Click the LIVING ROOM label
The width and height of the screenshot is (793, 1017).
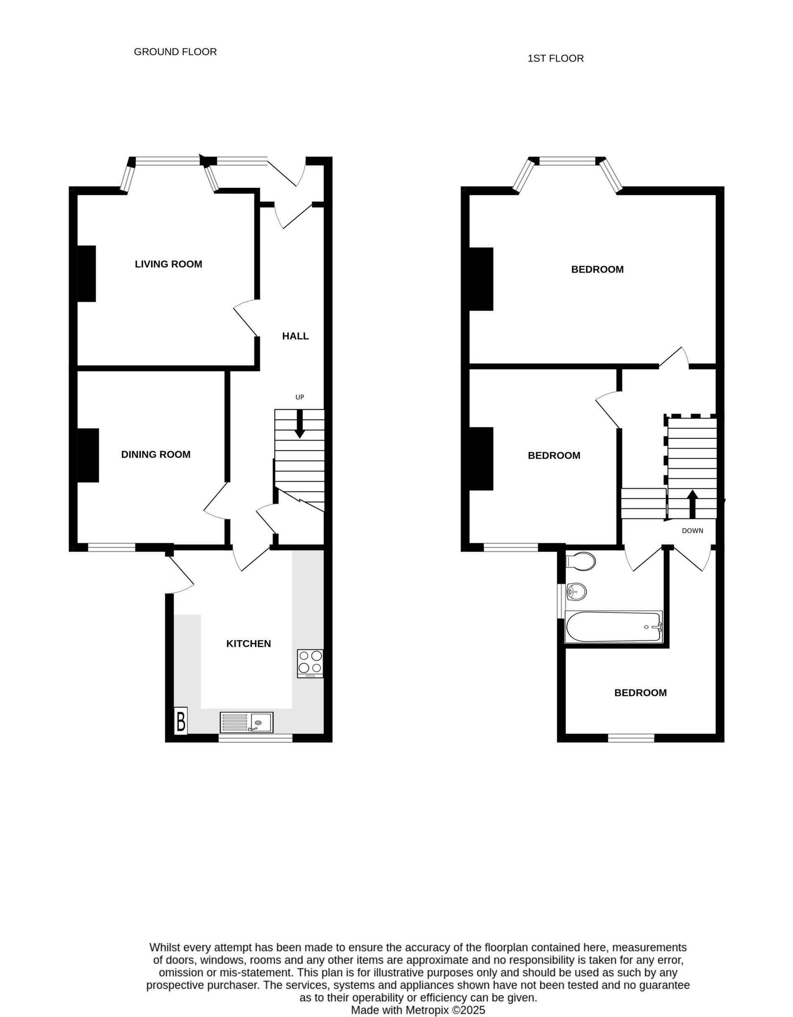click(168, 264)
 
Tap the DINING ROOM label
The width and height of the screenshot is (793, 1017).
click(156, 454)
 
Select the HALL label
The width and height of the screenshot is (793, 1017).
click(295, 336)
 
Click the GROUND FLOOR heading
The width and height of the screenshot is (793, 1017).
click(175, 52)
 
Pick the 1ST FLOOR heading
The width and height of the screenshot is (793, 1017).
click(556, 58)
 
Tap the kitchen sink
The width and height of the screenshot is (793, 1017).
click(247, 722)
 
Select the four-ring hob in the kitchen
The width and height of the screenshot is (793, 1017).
click(310, 664)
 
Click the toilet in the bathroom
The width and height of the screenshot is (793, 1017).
click(582, 562)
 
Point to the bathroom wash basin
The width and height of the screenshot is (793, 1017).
click(576, 592)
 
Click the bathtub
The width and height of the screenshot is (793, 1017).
click(613, 627)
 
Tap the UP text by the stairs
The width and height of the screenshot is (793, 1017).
click(299, 397)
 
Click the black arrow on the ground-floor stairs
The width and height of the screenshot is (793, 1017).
click(299, 424)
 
